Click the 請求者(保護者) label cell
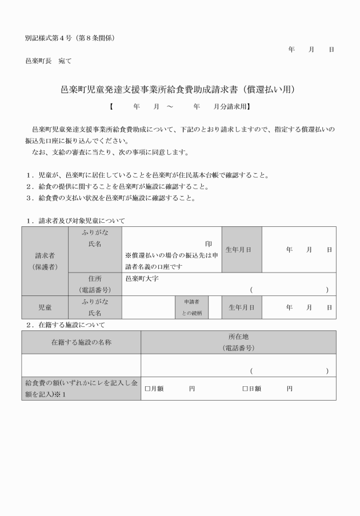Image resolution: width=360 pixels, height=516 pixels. [x=45, y=261]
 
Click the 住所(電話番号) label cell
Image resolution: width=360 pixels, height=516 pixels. [x=95, y=284]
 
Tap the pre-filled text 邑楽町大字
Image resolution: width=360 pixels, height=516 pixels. [x=142, y=278]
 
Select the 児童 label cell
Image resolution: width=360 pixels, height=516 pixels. [x=45, y=307]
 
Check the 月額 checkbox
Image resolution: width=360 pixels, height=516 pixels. [x=147, y=389]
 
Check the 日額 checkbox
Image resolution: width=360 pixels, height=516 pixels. [x=245, y=389]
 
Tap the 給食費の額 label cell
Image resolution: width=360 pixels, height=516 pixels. [x=81, y=389]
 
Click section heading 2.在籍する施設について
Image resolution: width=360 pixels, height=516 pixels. [x=66, y=325]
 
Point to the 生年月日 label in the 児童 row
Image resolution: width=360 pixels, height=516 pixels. [x=242, y=307]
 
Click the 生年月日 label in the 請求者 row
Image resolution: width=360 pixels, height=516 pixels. [x=242, y=250]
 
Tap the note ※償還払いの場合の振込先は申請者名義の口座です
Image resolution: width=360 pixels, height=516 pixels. [x=171, y=261]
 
